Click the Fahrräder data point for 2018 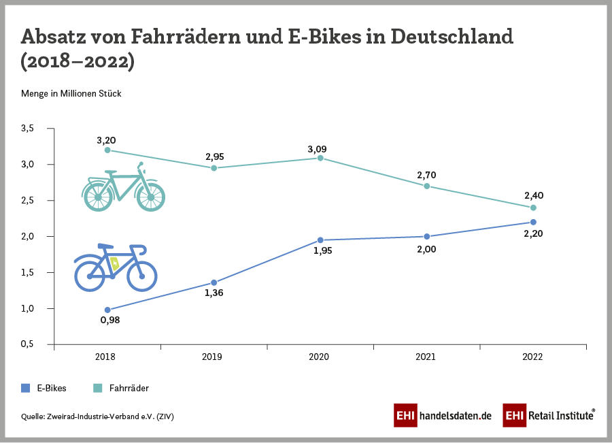point(107,150)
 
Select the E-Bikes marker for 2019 point(214,282)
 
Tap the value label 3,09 point(320,149)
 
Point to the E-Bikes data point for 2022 point(533,222)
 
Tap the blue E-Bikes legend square point(26,388)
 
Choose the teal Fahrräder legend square point(97,388)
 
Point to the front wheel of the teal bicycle point(150,197)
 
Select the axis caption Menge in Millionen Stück point(71,93)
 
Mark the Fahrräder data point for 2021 point(426,186)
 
